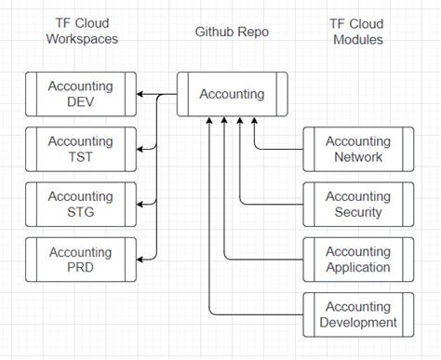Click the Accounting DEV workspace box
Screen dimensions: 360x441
(x=80, y=94)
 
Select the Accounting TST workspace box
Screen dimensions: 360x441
(x=80, y=149)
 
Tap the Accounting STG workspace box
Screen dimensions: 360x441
(x=80, y=204)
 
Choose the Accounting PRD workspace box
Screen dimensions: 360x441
(x=80, y=260)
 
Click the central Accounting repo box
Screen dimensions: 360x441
(x=232, y=94)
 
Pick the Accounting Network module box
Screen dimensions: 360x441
(x=358, y=149)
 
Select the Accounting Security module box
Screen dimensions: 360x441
(x=358, y=204)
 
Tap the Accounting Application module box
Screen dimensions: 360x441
(x=358, y=260)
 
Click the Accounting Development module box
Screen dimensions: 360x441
(x=358, y=314)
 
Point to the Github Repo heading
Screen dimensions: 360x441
(x=232, y=32)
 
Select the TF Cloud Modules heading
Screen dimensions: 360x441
(x=358, y=32)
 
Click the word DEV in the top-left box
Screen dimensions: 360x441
(x=80, y=102)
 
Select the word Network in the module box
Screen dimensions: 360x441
(x=358, y=157)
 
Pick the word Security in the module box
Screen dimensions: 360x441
(x=358, y=212)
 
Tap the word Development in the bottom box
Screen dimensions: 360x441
(x=358, y=323)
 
